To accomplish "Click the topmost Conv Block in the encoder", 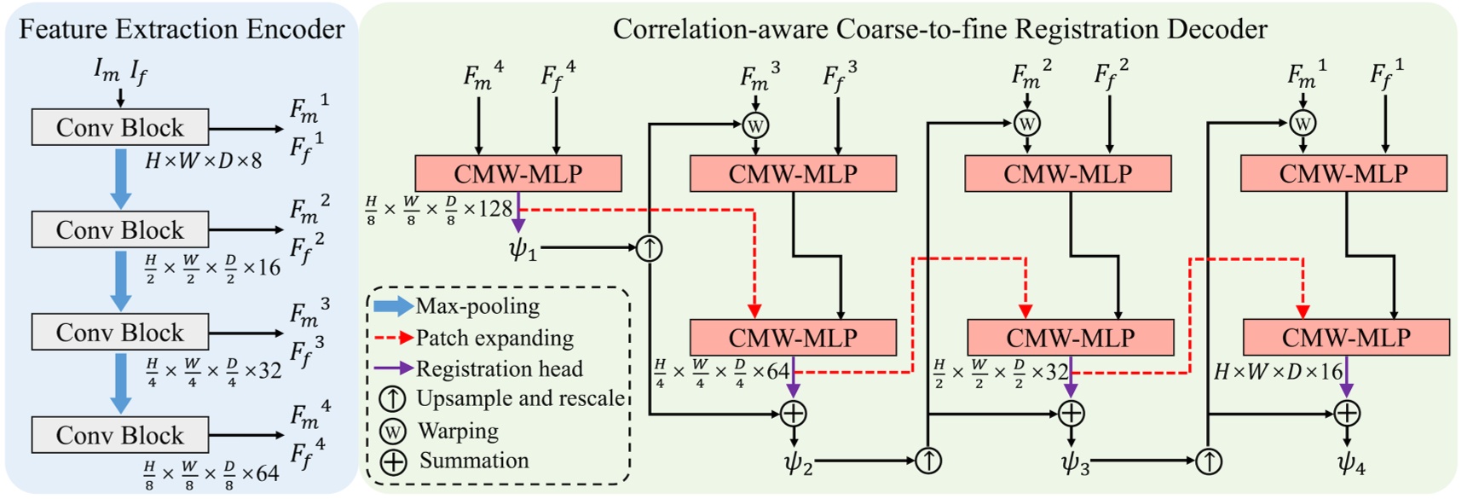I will point(119,128).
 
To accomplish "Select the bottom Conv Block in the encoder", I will point(119,435).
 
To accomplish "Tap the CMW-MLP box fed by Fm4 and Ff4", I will point(517,174).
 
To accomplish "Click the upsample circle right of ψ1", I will point(650,248).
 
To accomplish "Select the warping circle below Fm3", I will point(755,125).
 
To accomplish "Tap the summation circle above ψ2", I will point(794,414).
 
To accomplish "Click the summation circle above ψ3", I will point(1071,414).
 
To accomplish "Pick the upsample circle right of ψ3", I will point(1209,461).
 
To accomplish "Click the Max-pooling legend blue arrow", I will point(393,306).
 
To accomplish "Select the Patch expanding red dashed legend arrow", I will point(393,339).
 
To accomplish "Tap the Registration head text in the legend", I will point(499,368).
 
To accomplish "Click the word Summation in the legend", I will point(474,461).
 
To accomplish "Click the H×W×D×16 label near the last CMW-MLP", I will point(1278,372).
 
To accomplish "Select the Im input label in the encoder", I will point(107,71).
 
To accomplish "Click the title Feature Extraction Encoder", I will point(182,30).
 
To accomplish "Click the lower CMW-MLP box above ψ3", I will point(1070,338).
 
